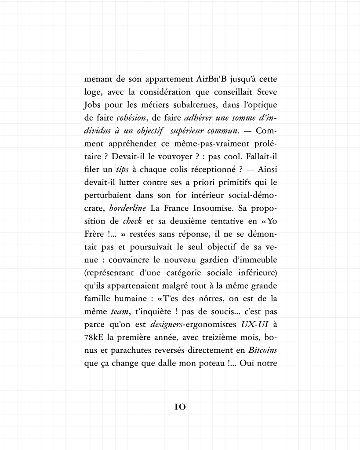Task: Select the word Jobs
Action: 92,106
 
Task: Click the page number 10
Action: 180,407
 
